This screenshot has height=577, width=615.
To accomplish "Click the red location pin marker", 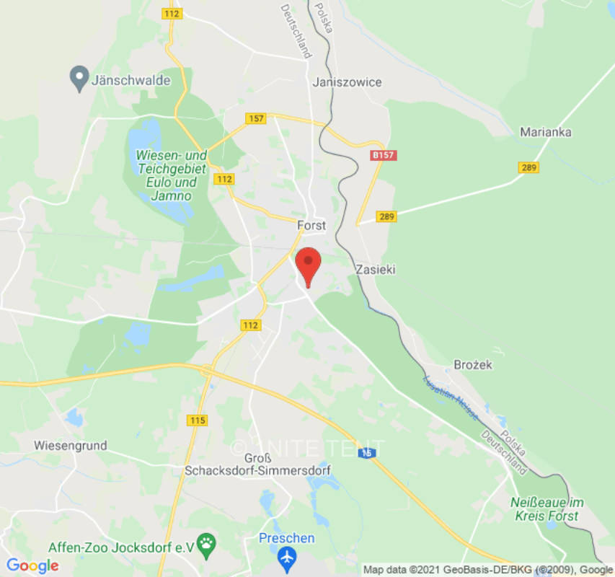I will click(309, 264).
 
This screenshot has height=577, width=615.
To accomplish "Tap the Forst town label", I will click(311, 225).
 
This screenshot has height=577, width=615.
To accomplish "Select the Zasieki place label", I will click(376, 269).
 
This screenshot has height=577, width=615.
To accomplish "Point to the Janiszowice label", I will click(347, 82).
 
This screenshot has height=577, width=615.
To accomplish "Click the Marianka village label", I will click(546, 132).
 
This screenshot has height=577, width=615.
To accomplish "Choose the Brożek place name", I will click(473, 365).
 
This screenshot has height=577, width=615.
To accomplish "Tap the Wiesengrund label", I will click(70, 445).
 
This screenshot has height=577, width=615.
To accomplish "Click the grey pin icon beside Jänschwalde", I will click(79, 79).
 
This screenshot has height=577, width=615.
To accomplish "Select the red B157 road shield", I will click(384, 155).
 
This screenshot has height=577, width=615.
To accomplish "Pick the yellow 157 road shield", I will click(255, 118).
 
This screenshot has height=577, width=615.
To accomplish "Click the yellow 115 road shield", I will click(196, 420).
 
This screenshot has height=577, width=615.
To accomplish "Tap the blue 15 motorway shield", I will click(368, 452).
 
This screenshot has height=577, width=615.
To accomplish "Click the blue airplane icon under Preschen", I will click(287, 557).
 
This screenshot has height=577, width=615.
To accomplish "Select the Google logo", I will click(32, 566).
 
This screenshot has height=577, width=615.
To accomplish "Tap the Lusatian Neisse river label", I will click(451, 397).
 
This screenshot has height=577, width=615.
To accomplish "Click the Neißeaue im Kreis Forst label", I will click(547, 508).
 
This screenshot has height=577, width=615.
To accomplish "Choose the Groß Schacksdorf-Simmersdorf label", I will click(257, 464).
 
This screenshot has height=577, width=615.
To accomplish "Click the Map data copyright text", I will click(487, 570).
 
